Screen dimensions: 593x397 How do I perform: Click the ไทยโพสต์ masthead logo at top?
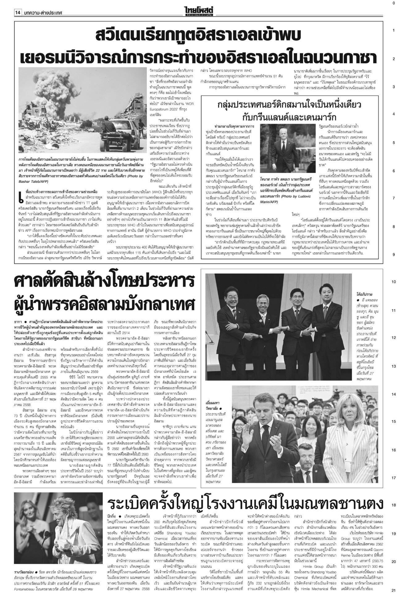pos(198,10)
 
